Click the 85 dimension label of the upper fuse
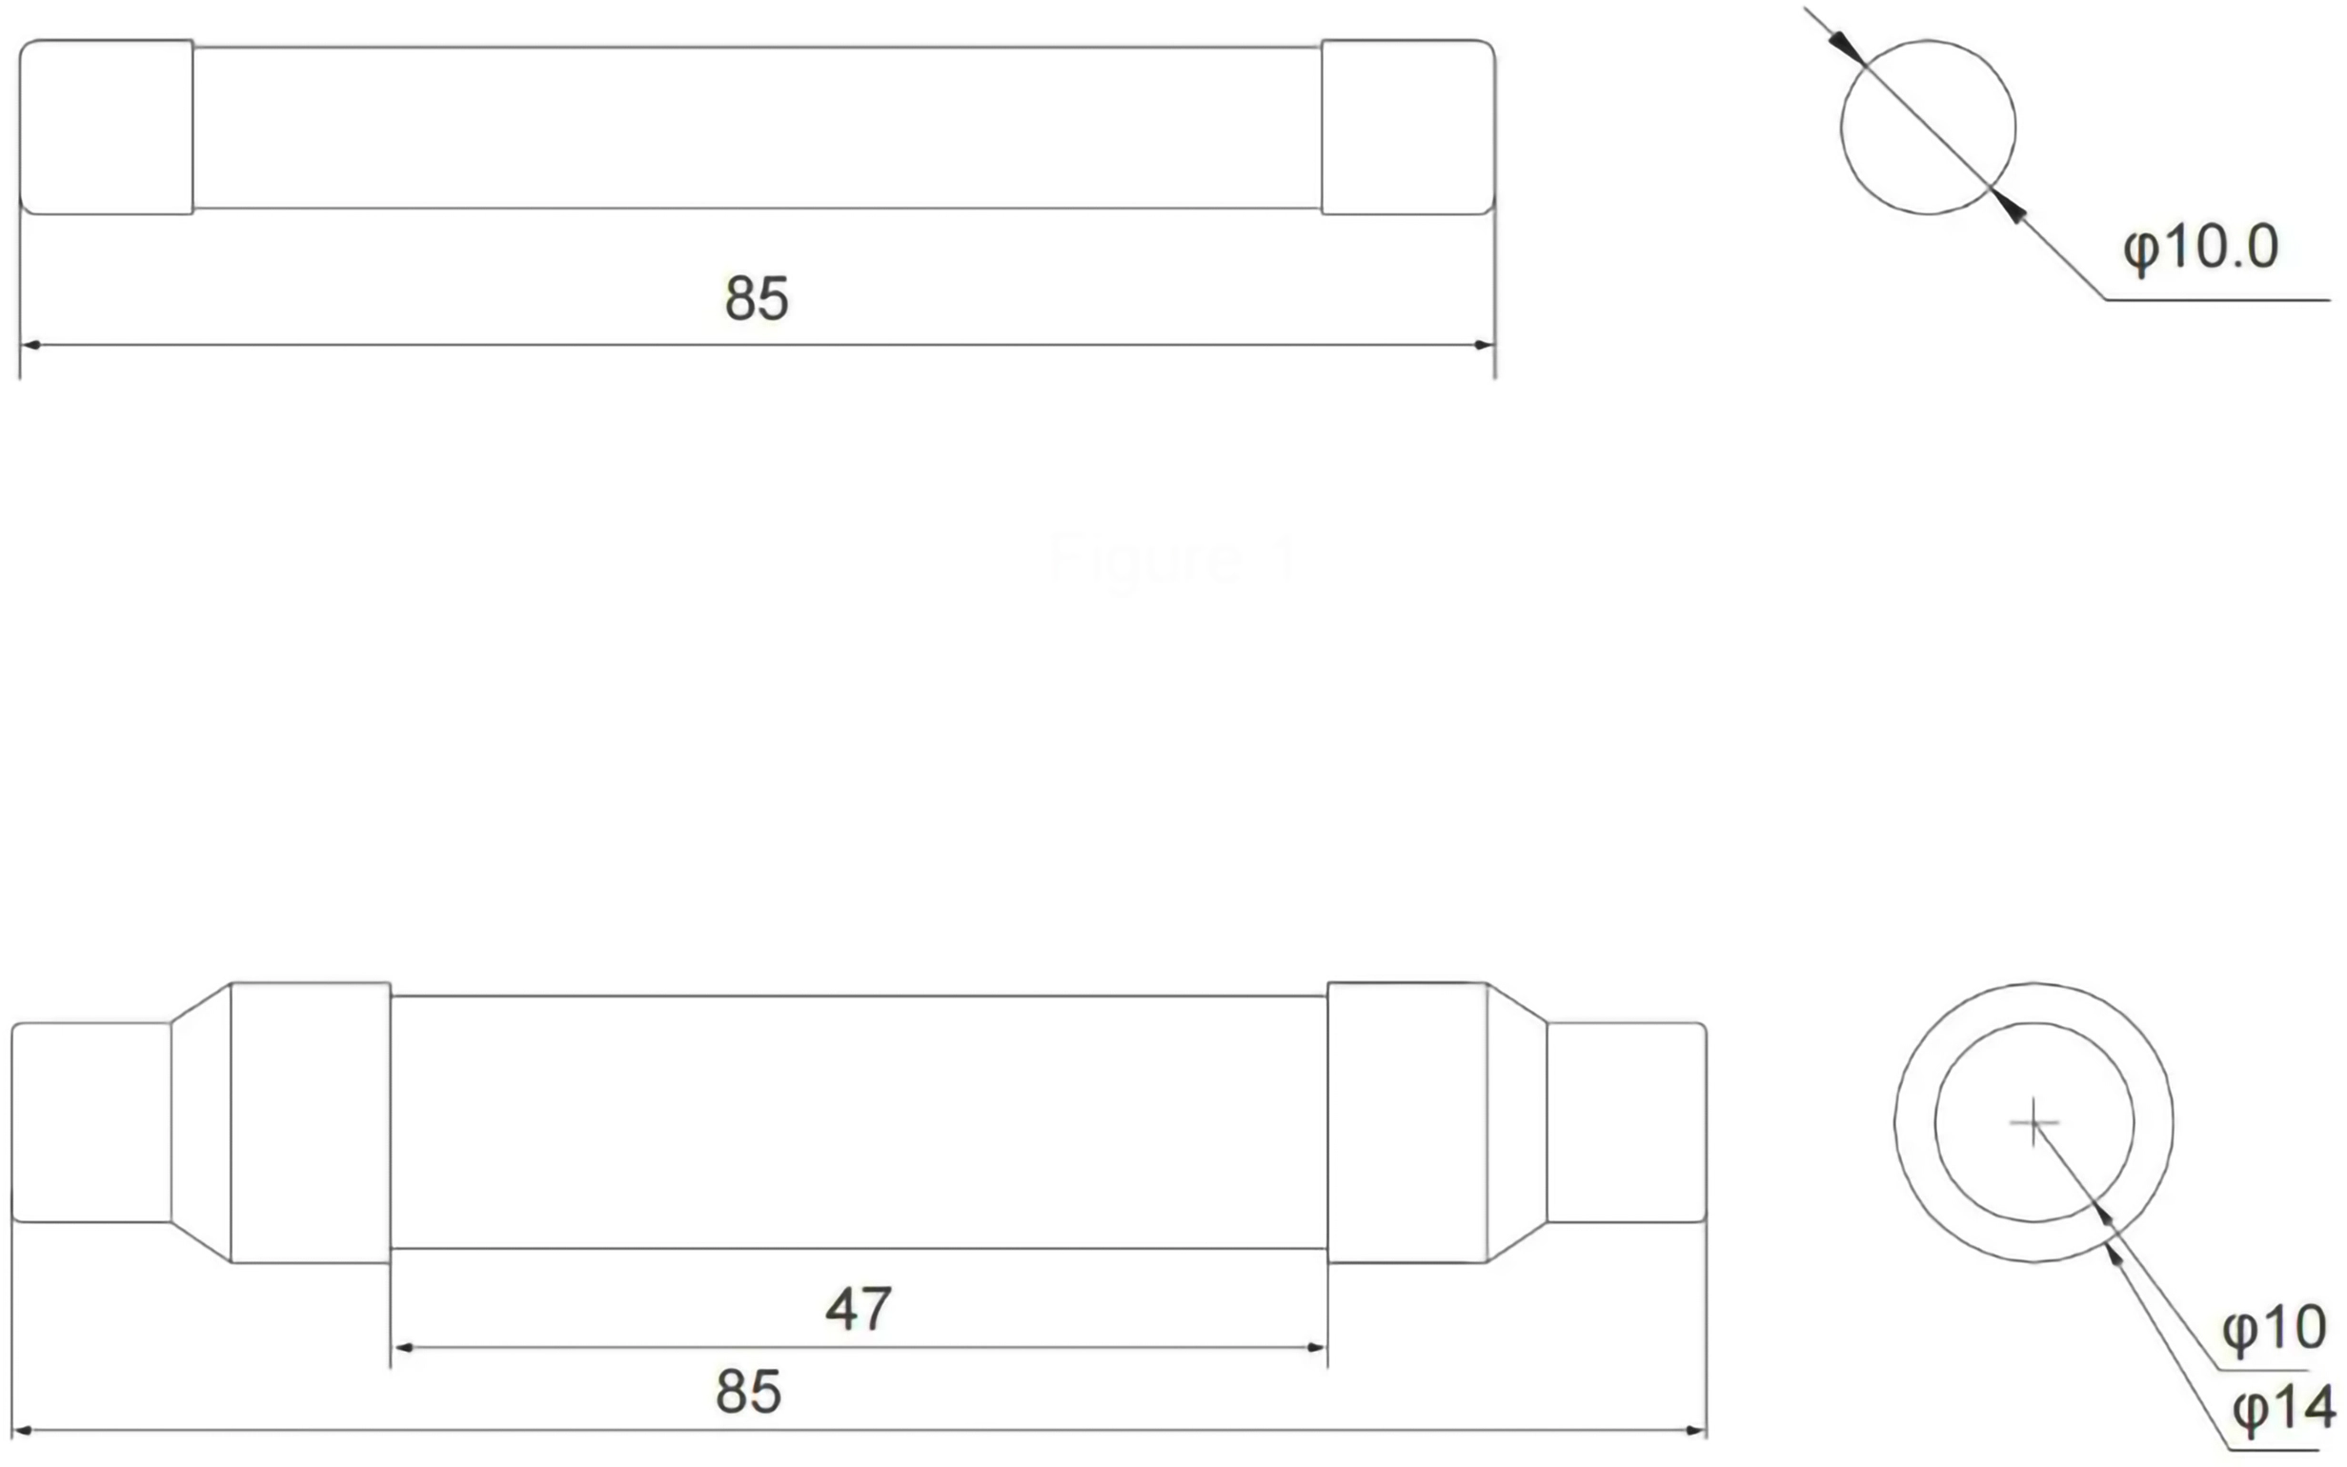(x=757, y=298)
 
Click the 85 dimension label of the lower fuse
(x=748, y=1393)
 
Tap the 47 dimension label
(x=859, y=1309)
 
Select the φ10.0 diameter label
(x=2200, y=247)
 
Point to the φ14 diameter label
(x=2283, y=1409)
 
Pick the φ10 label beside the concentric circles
(x=2274, y=1327)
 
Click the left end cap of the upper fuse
(x=107, y=127)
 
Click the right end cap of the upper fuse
(x=1406, y=127)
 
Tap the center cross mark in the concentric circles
(x=2033, y=1123)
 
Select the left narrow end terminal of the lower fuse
(x=91, y=1122)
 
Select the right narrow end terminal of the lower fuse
(x=1626, y=1122)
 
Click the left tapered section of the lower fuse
(x=202, y=1122)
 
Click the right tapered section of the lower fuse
(x=1516, y=1122)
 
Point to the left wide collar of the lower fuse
(x=311, y=1122)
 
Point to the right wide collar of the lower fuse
(x=1406, y=1122)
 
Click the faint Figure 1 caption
(x=1173, y=560)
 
